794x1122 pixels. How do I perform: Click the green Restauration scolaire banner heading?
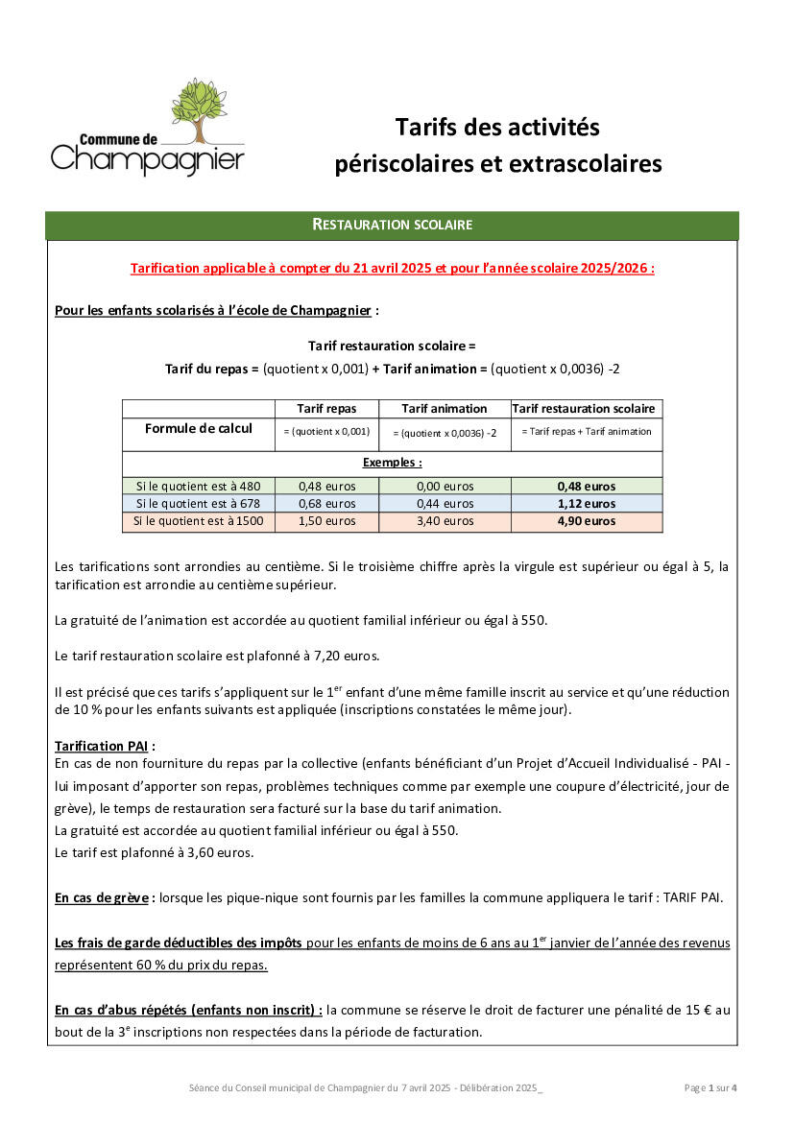392,225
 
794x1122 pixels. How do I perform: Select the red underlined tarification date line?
392,269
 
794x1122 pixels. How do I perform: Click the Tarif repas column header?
326,409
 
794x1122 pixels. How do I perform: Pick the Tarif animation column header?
445,409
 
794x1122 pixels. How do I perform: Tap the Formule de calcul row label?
199,429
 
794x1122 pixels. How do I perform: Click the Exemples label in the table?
392,463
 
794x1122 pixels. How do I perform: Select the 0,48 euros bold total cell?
587,487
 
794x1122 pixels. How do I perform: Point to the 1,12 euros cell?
587,504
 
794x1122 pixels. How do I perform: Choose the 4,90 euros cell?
587,522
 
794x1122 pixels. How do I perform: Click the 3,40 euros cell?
445,522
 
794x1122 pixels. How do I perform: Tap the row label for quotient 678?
199,504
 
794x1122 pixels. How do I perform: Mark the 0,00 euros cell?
445,487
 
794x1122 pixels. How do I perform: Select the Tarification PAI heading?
105,746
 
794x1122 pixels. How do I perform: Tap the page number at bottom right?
711,1088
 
